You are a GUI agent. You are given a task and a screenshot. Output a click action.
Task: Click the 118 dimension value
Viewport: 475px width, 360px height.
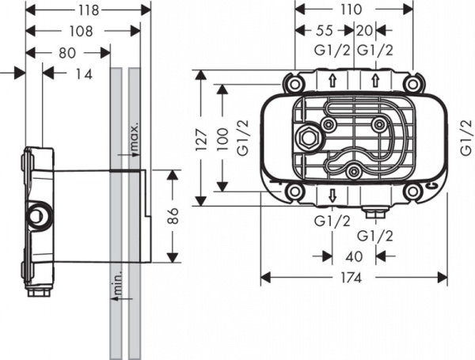tap(88, 10)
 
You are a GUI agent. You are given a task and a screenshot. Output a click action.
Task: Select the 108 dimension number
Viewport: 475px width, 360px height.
tap(82, 32)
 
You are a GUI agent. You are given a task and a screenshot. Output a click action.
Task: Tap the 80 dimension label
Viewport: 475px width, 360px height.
tap(68, 53)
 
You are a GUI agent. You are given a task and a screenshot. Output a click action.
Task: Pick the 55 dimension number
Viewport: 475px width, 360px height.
tap(324, 31)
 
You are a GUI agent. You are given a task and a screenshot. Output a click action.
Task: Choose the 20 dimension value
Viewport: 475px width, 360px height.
tap(365, 31)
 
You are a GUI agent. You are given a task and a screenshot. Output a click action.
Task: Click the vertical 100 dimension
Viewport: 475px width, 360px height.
tap(225, 137)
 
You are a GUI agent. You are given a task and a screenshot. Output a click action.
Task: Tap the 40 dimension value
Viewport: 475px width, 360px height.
tap(353, 256)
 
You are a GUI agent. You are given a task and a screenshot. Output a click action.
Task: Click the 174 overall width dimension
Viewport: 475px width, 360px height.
tap(353, 278)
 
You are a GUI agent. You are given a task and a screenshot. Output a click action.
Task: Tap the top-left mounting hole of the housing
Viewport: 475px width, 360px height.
tap(294, 84)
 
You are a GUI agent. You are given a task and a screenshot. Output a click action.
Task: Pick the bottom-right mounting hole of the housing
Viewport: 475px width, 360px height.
tap(411, 191)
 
